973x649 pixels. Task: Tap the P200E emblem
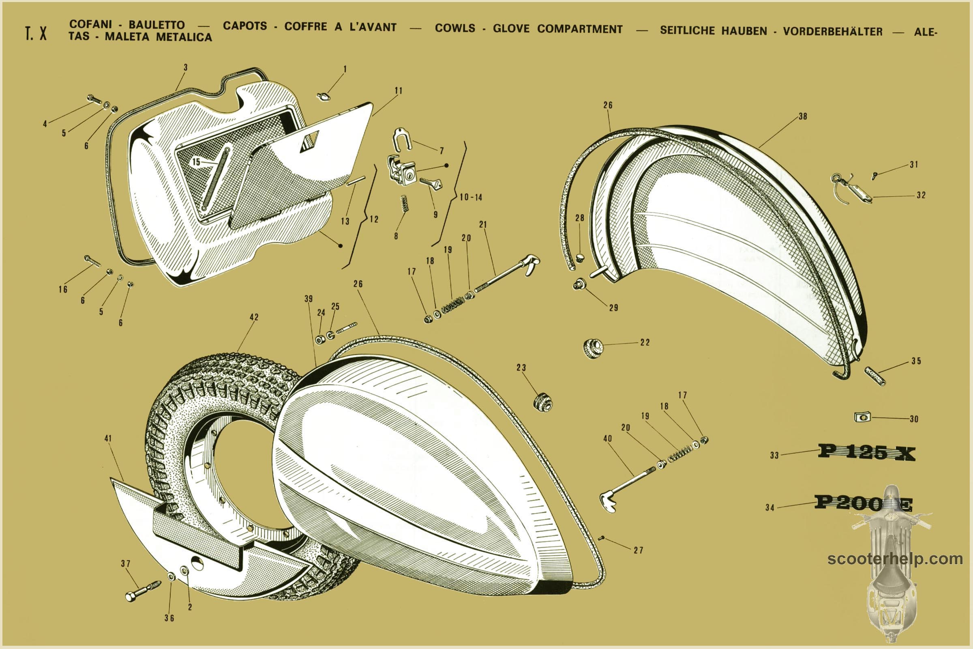[863, 503]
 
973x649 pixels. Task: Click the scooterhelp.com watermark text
[895, 559]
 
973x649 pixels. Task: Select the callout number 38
[803, 116]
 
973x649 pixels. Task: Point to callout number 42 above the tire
[254, 317]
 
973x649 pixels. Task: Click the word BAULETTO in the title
[156, 25]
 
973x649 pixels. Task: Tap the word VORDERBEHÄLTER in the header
[832, 32]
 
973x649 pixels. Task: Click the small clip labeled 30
[863, 417]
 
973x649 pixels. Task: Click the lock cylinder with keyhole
[409, 175]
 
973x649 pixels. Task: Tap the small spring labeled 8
[404, 203]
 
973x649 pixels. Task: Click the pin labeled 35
[875, 376]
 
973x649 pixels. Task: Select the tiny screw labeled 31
[875, 176]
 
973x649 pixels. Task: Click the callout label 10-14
[471, 198]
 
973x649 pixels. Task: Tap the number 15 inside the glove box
[196, 161]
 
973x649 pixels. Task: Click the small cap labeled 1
[323, 97]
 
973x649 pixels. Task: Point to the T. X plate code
[36, 34]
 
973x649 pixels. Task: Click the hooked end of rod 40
[607, 500]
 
